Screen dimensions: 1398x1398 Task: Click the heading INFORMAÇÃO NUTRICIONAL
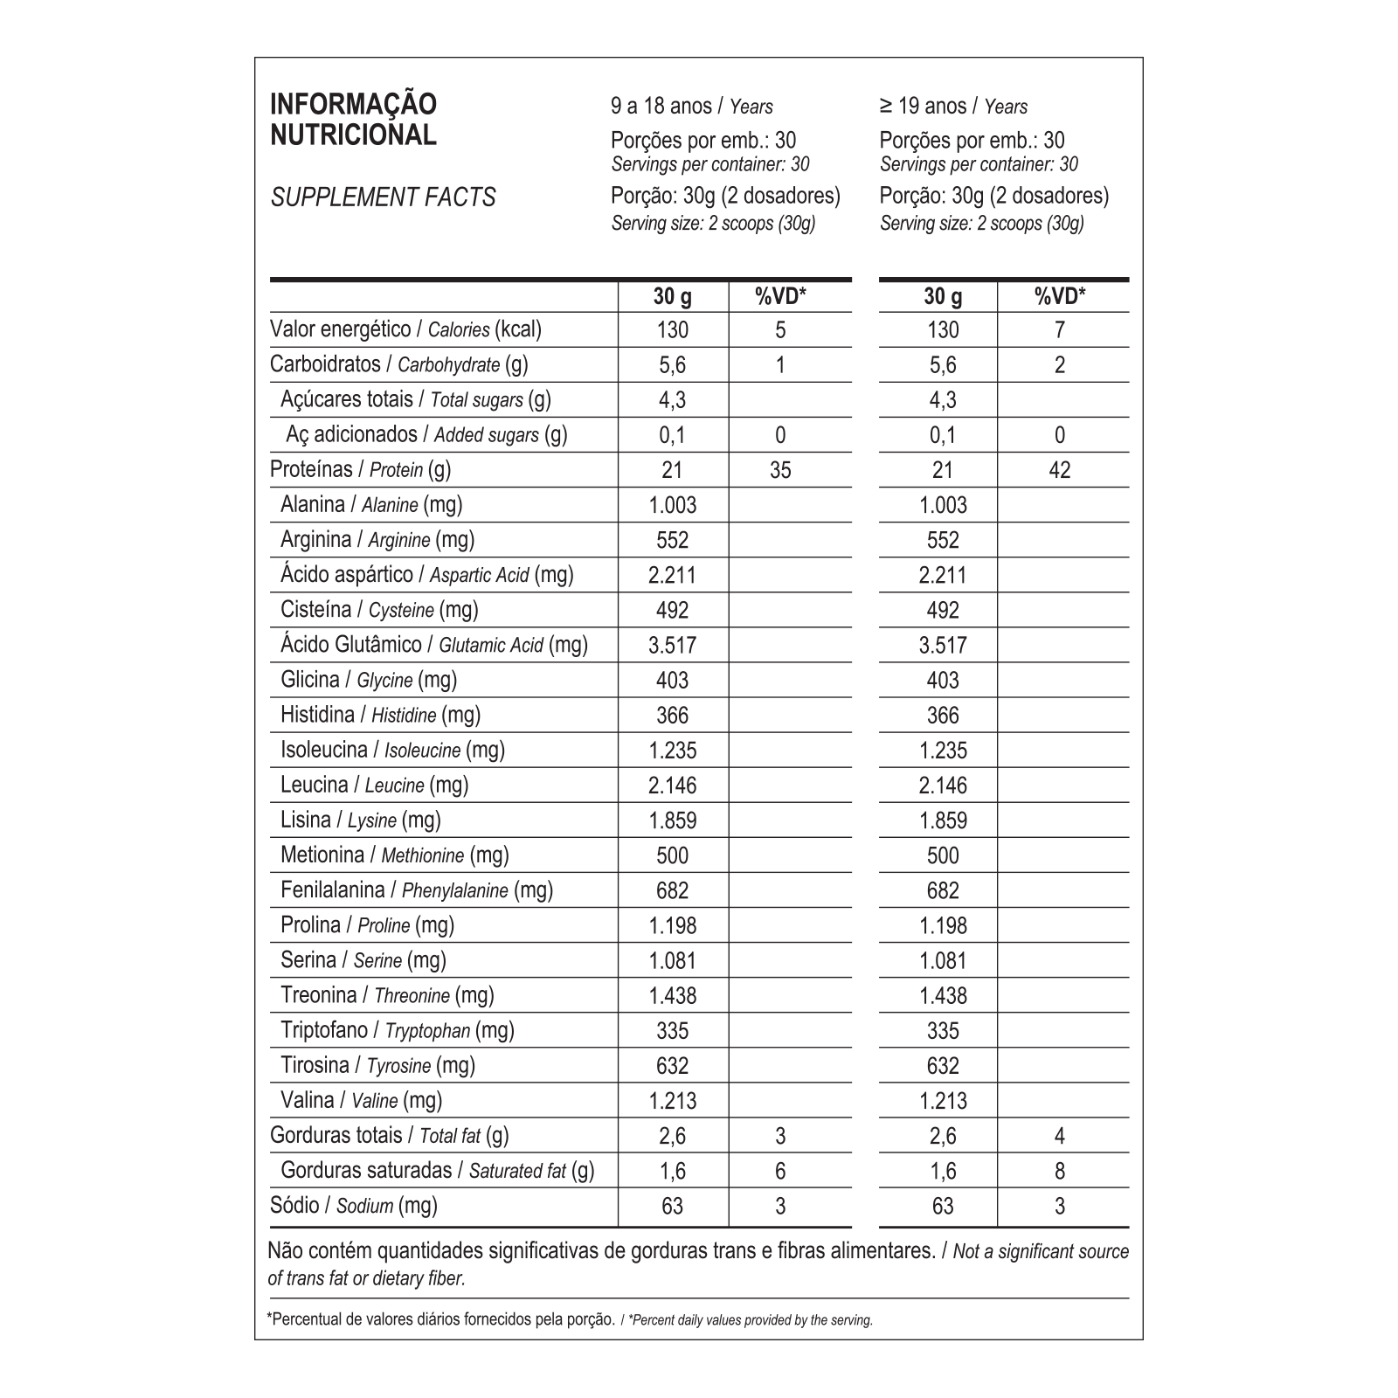click(x=353, y=120)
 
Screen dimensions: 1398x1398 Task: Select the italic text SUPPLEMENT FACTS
click(x=383, y=197)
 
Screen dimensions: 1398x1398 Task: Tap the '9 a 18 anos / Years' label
click(x=691, y=107)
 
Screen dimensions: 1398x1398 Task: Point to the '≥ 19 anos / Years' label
click(x=953, y=107)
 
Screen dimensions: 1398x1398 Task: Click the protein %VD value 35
click(x=780, y=470)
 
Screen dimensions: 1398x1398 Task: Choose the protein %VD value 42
click(x=1059, y=470)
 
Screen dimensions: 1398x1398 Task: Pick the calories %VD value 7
click(x=1060, y=330)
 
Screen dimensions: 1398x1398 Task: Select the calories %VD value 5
click(x=780, y=330)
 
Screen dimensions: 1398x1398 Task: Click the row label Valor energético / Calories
click(x=405, y=329)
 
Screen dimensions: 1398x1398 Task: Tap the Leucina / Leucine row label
click(x=374, y=785)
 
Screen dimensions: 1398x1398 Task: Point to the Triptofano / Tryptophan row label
click(x=397, y=1030)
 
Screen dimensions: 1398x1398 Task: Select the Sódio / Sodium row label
click(x=353, y=1206)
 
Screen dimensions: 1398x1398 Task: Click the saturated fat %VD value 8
click(x=1060, y=1171)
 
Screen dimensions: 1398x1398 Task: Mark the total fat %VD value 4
click(x=1060, y=1136)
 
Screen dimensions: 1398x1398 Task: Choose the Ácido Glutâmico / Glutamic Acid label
click(x=433, y=645)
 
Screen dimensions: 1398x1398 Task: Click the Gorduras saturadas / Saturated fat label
click(x=437, y=1171)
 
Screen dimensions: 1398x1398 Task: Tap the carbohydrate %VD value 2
click(x=1060, y=365)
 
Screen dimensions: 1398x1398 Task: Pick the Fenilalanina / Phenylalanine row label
click(x=417, y=890)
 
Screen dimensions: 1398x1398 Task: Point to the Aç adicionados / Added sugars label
click(x=426, y=434)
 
